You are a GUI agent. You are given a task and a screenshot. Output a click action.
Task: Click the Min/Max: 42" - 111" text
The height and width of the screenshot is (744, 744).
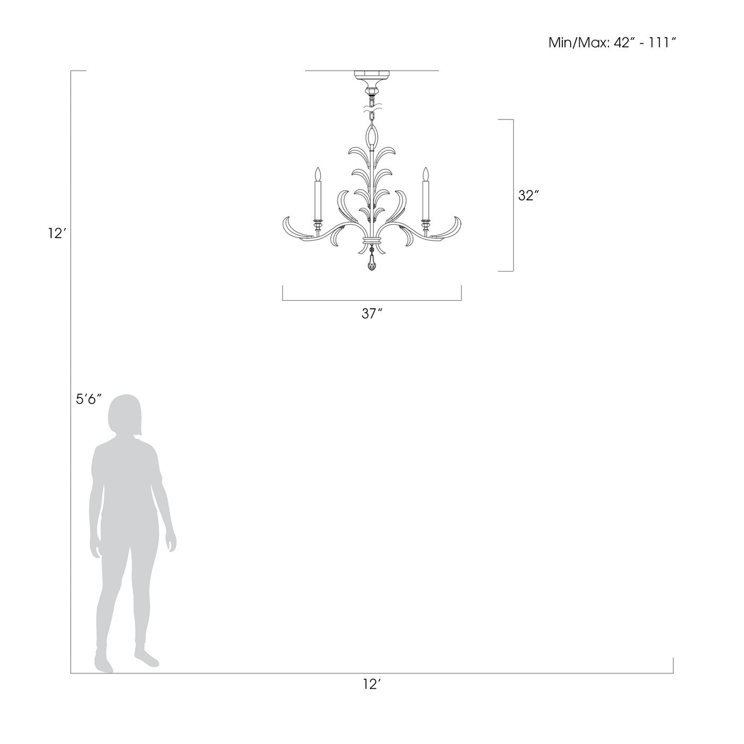click(x=612, y=43)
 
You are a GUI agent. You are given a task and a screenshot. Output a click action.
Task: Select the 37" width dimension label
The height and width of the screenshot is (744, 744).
click(x=372, y=314)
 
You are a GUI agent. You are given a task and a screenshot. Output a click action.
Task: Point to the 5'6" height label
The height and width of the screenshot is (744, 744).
click(x=88, y=399)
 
